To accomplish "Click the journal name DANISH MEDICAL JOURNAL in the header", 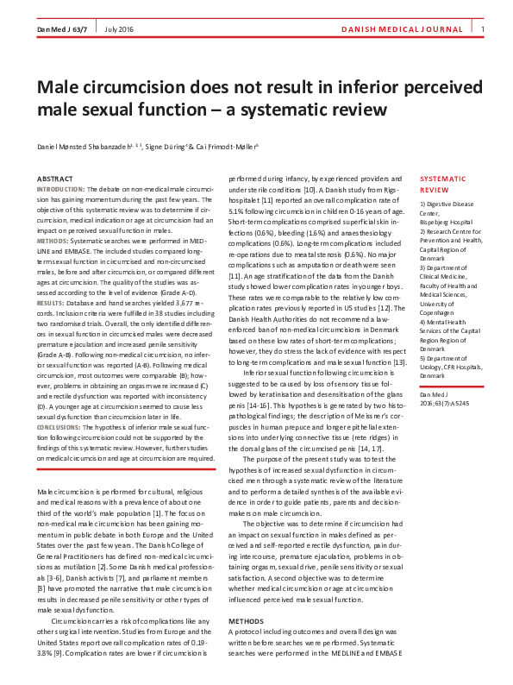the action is click(x=410, y=31).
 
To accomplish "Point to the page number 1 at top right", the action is click(x=483, y=31).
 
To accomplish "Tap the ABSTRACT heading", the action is click(x=53, y=178).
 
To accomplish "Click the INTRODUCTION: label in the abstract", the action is click(x=59, y=188).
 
